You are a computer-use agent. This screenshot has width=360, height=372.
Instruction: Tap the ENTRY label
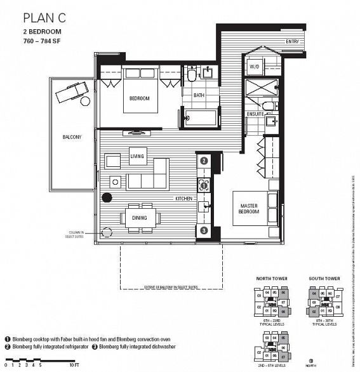292,42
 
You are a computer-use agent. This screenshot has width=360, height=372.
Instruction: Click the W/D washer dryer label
255,65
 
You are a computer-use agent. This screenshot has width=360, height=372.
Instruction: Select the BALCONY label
72,137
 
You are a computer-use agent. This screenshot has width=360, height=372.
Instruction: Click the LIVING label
137,156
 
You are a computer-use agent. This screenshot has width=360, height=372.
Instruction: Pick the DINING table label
140,218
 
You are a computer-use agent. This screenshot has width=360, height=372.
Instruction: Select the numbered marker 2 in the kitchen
204,161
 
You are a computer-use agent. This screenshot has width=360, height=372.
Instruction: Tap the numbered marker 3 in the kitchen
204,230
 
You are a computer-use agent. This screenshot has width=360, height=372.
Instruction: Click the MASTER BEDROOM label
248,208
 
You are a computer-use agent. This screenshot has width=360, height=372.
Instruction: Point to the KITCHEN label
184,199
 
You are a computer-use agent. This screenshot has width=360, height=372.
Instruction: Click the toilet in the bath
191,77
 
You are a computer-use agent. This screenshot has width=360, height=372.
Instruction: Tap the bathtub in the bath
201,117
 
